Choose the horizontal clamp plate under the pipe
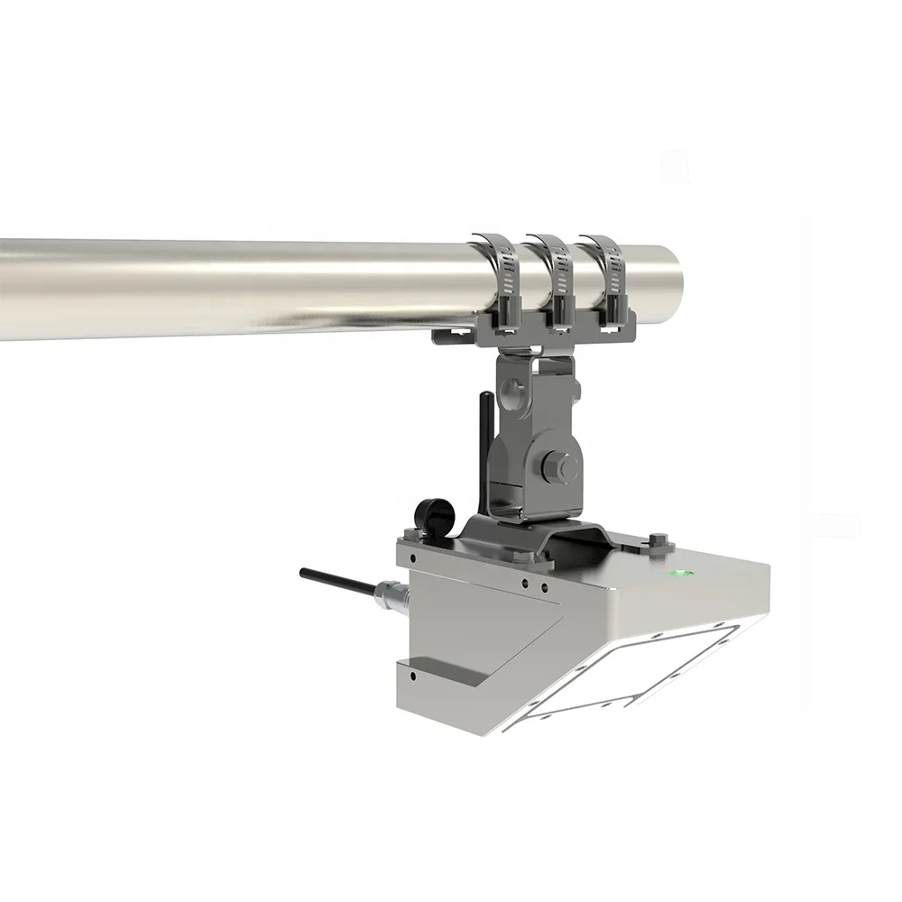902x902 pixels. coord(532,325)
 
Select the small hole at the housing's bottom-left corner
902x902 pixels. coord(411,674)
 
